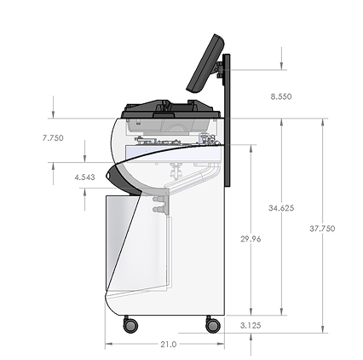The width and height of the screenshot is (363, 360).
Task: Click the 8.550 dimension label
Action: (281, 96)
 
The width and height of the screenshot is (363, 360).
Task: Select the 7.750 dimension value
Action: (53, 138)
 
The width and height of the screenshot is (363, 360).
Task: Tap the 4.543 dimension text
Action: (84, 177)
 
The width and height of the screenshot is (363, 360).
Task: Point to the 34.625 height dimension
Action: (281, 208)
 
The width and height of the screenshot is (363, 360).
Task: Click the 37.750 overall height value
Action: (322, 229)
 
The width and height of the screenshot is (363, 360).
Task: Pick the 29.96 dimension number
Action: (251, 239)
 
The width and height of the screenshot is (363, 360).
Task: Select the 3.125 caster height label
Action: (251, 325)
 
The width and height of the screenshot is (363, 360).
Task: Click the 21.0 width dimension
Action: (169, 345)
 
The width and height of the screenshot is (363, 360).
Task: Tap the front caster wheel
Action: (130, 324)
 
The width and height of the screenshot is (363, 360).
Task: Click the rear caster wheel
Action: (213, 324)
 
